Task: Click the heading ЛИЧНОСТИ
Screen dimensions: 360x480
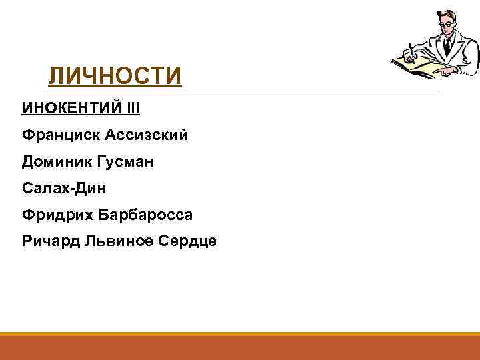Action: pos(114,76)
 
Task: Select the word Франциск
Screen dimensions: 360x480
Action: pos(59,135)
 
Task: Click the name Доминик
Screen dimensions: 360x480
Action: pos(57,162)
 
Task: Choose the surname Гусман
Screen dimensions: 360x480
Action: pos(131,162)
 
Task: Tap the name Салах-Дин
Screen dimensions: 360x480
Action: pos(64,189)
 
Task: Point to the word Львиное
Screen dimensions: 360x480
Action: pos(116,241)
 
